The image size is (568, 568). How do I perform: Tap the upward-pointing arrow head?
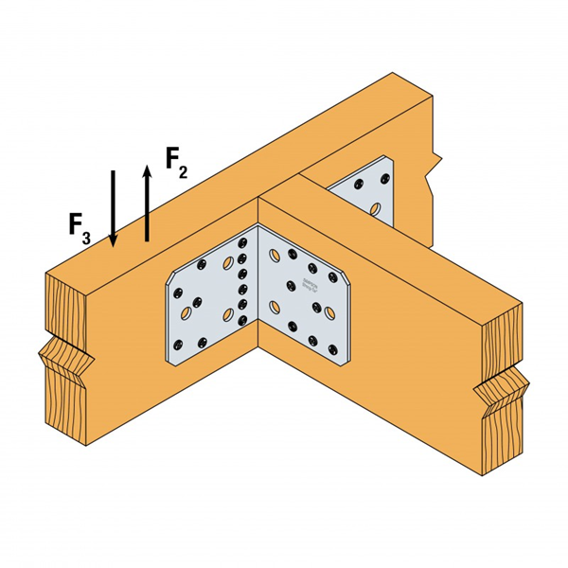pyautogui.click(x=147, y=170)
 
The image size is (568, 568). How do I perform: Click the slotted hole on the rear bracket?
pyautogui.click(x=376, y=206)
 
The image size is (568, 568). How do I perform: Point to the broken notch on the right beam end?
pyautogui.click(x=499, y=388)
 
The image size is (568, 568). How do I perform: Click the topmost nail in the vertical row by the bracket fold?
pyautogui.click(x=242, y=241)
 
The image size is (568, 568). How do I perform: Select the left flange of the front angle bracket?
pyautogui.click(x=208, y=298)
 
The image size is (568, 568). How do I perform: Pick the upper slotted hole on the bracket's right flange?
pyautogui.click(x=275, y=254)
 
